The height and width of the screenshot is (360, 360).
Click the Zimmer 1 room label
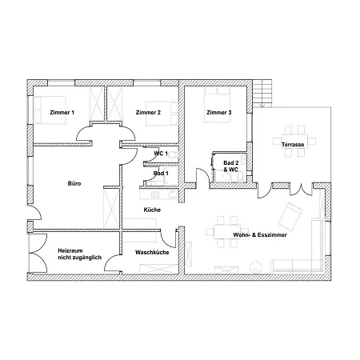[62, 112]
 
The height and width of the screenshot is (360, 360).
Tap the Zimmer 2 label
[148, 112]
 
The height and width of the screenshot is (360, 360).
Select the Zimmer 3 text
[219, 112]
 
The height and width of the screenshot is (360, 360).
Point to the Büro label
[74, 183]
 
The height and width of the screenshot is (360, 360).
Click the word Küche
[152, 210]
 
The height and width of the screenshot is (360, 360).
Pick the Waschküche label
[152, 252]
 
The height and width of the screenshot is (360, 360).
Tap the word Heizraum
[70, 250]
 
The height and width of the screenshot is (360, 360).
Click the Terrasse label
[293, 145]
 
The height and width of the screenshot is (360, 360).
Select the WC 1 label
[161, 154]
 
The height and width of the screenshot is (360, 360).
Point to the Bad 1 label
[161, 174]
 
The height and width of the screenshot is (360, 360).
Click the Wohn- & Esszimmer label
[260, 235]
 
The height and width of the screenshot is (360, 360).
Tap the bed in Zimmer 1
[50, 110]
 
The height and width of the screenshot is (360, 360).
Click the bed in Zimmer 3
[217, 105]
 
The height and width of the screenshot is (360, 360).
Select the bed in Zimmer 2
[162, 114]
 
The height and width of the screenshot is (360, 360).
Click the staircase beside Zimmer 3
[262, 94]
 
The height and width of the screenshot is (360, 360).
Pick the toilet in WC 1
[174, 154]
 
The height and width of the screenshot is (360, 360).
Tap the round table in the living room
[256, 266]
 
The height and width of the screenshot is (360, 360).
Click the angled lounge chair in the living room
[290, 217]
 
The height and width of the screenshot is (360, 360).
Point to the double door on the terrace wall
[301, 189]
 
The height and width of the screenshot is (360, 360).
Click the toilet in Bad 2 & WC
[241, 177]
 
